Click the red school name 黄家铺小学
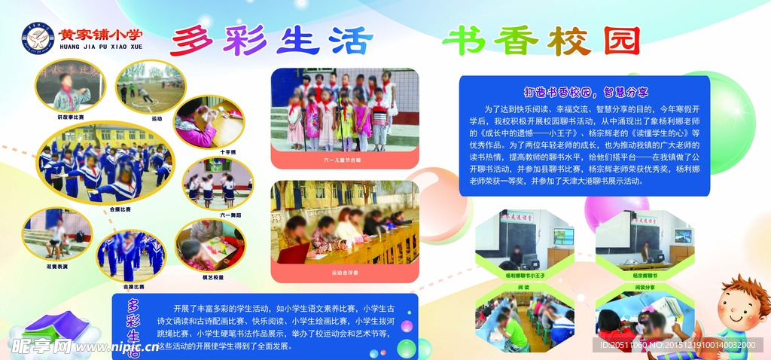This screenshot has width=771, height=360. click(x=100, y=34)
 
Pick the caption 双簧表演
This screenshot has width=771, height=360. click(x=57, y=267)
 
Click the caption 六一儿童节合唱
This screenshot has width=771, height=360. click(x=343, y=160)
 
